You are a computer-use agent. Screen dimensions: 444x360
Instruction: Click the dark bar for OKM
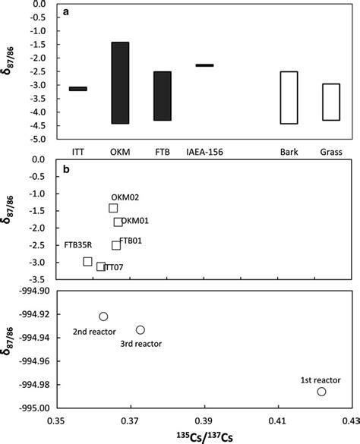120,83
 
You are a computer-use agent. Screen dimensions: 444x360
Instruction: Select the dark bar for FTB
163,96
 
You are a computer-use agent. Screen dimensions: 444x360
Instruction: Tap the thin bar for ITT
77,89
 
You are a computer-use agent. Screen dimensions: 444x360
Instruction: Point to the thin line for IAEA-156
204,65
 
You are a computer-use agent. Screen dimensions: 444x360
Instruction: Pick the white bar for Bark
289,97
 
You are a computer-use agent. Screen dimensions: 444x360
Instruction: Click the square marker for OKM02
113,208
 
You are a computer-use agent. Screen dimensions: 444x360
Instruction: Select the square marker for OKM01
118,222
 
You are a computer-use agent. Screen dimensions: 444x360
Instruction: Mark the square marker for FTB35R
87,261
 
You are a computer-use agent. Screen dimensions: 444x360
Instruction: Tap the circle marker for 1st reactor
321,392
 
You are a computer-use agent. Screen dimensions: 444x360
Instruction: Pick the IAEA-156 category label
204,152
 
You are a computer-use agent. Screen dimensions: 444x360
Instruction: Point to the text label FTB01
131,241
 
